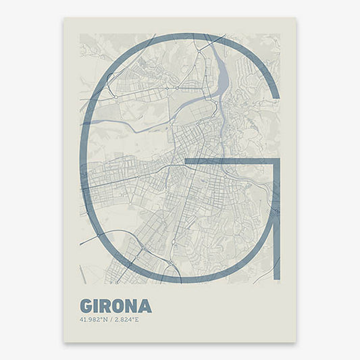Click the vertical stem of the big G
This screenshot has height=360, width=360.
coord(278,223)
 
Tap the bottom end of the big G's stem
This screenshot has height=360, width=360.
coord(278,281)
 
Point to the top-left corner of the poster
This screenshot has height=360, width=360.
coord(64,18)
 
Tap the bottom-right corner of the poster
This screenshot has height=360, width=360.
coord(296,342)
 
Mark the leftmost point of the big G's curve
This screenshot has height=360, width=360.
coord(82,159)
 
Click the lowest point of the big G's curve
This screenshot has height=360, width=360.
coord(179,281)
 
